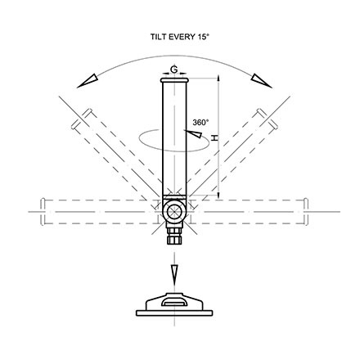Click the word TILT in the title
tap(159, 37)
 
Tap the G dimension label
tap(174, 70)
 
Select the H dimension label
tap(215, 137)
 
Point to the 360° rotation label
tap(200, 123)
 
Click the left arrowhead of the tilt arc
tap(88, 81)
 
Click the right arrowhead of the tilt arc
tap(262, 81)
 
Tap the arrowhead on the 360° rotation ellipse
tap(193, 133)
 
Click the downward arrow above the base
tap(174, 276)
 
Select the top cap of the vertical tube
tap(174, 80)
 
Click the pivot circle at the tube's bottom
tap(174, 212)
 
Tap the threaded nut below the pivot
tap(174, 236)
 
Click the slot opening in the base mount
tap(174, 302)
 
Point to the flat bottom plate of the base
tap(174, 313)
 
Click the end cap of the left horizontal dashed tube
tap(43, 212)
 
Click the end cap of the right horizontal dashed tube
tap(306, 212)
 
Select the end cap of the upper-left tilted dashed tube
tap(81, 119)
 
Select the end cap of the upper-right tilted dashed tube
tap(268, 119)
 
